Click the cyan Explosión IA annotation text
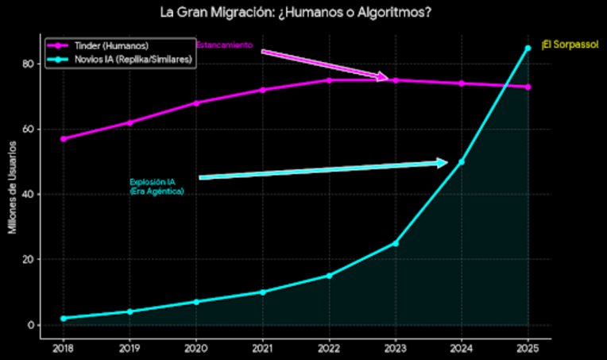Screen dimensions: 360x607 coord(157,187)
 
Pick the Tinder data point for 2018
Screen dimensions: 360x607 coord(63,138)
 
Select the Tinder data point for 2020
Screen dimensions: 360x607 coord(195,103)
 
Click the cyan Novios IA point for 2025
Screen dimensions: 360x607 coord(528,48)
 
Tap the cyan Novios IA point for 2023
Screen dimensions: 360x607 coord(395,243)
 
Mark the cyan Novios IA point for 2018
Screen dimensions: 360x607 coord(63,318)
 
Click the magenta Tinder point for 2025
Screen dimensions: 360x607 coord(528,87)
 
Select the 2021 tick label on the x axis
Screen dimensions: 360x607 coord(262,347)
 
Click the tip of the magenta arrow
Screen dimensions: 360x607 coord(389,79)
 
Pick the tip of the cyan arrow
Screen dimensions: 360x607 coord(448,162)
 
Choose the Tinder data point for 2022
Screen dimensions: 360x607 coord(328,80)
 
